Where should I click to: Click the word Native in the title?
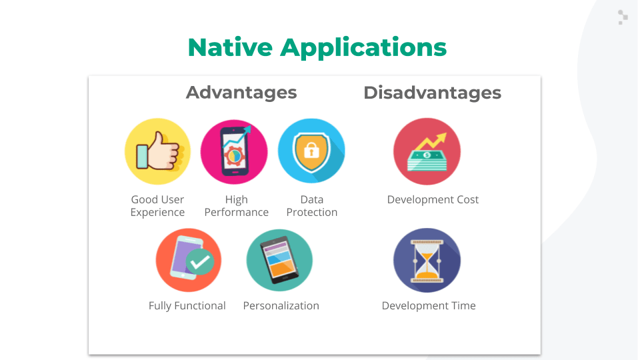230,47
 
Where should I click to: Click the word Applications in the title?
363,48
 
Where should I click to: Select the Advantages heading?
241,93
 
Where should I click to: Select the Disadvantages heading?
432,93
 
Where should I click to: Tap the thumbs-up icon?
157,151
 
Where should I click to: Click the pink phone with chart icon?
234,152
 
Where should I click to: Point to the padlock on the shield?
311,150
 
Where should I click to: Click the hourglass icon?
427,261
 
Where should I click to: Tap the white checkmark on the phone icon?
200,261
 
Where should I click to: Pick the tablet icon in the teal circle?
279,261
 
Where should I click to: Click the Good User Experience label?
157,206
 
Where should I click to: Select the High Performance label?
236,206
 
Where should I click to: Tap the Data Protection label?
312,206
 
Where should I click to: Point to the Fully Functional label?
187,306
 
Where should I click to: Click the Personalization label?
281,305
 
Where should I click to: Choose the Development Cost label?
433,199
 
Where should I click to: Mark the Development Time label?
429,305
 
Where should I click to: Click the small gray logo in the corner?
623,17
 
